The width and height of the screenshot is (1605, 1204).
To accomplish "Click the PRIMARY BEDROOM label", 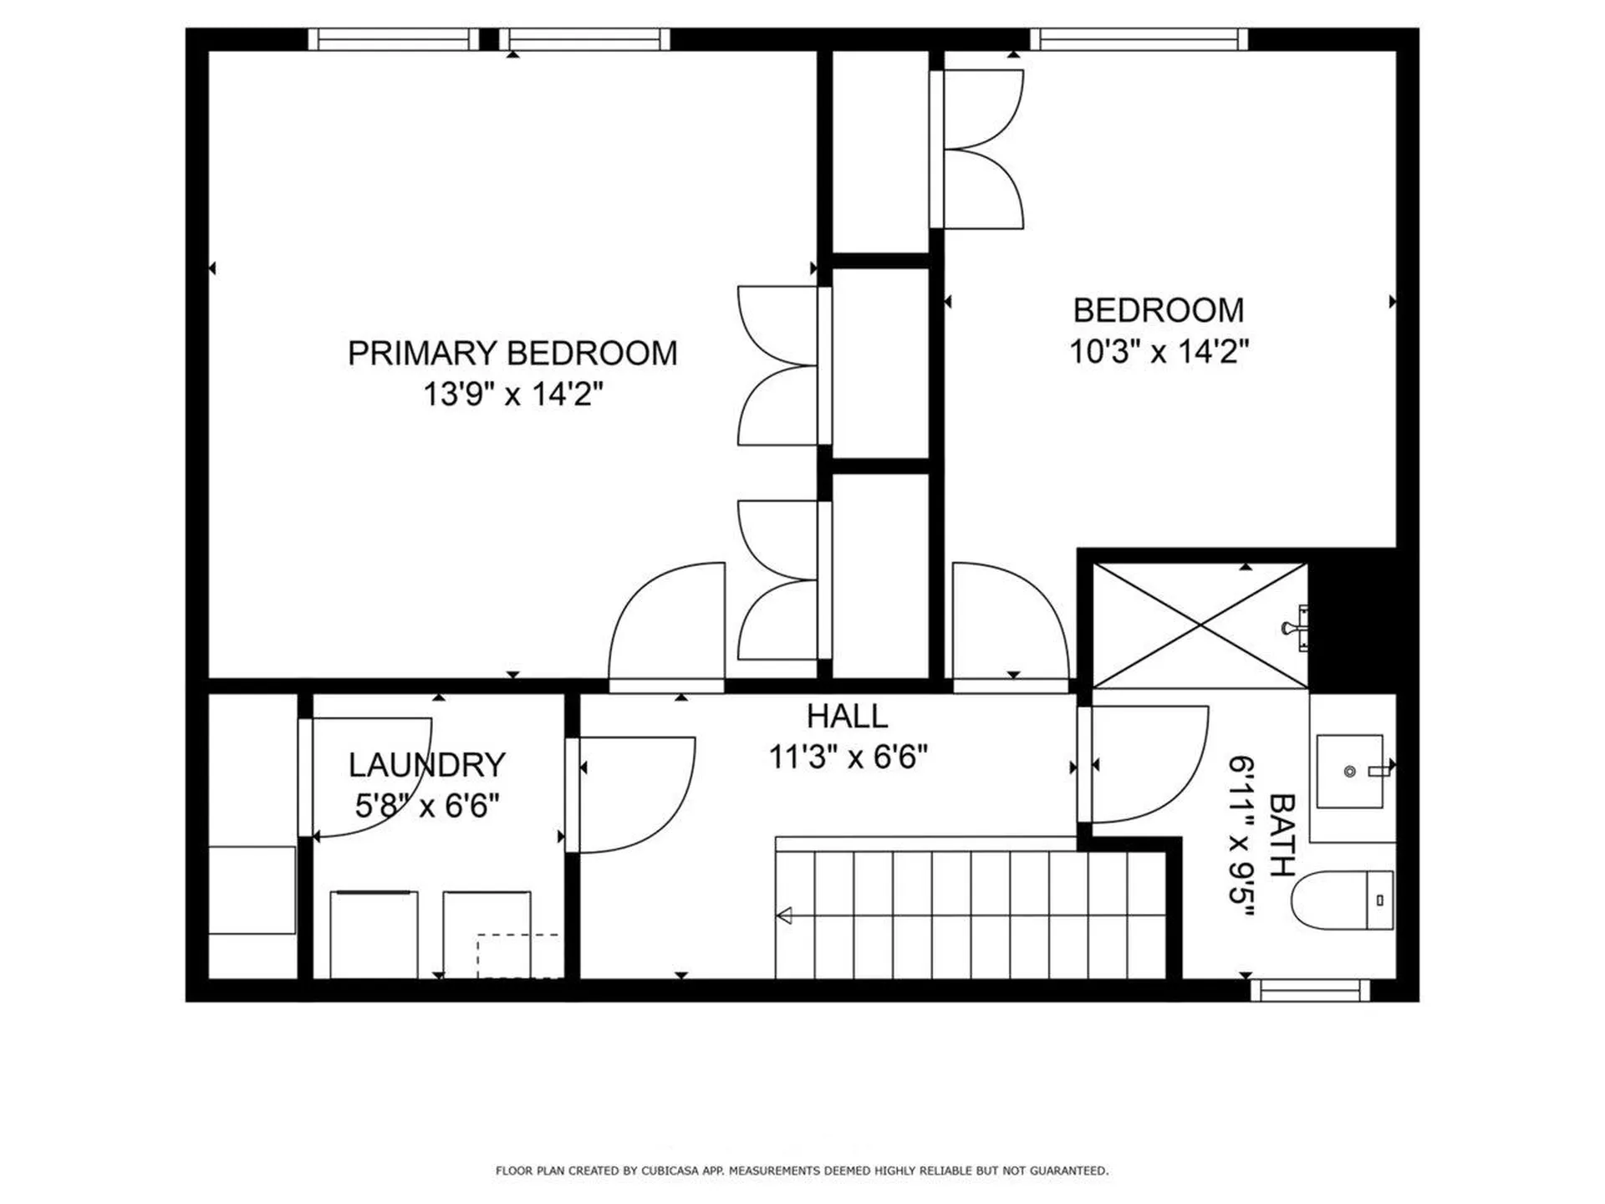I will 512,354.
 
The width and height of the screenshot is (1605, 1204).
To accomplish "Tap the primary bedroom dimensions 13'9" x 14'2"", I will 512,393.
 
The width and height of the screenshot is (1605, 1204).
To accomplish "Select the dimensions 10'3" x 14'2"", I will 1159,351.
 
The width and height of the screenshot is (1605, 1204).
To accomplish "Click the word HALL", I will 847,717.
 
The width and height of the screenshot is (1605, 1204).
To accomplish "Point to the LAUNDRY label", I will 426,765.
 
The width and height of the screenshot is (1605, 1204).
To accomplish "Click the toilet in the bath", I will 1342,900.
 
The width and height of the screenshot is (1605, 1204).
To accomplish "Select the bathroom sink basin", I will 1349,771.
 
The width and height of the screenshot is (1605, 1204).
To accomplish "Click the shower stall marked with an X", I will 1200,625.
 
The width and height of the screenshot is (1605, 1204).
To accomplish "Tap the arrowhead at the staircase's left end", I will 784,916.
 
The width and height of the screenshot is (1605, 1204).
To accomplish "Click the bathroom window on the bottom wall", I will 1310,991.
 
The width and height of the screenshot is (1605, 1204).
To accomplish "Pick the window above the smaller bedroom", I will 1138,39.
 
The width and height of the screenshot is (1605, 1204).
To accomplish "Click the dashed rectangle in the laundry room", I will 518,956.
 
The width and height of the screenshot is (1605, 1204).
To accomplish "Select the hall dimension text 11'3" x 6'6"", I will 848,758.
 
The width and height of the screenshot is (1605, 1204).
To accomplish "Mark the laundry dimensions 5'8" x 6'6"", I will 427,806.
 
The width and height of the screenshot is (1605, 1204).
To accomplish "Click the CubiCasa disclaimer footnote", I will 802,1171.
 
